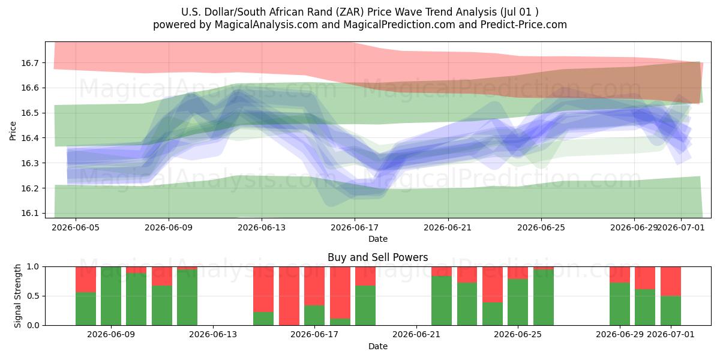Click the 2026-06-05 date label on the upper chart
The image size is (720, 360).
(76, 227)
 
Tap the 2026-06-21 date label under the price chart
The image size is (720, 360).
(448, 227)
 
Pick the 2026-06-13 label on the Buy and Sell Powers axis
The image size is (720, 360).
(213, 334)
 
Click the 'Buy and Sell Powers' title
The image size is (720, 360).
(377, 257)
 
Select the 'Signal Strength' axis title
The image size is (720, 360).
(17, 296)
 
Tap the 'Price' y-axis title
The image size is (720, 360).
(13, 131)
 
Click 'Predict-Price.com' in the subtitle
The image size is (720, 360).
(524, 25)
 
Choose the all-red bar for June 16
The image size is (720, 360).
(289, 296)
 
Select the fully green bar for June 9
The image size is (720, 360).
(111, 296)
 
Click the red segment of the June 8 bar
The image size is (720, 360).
(85, 280)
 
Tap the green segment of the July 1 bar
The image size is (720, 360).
(671, 311)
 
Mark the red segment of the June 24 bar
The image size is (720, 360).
(493, 284)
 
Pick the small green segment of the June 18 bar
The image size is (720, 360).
(340, 322)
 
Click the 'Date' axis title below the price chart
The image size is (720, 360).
(377, 239)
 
